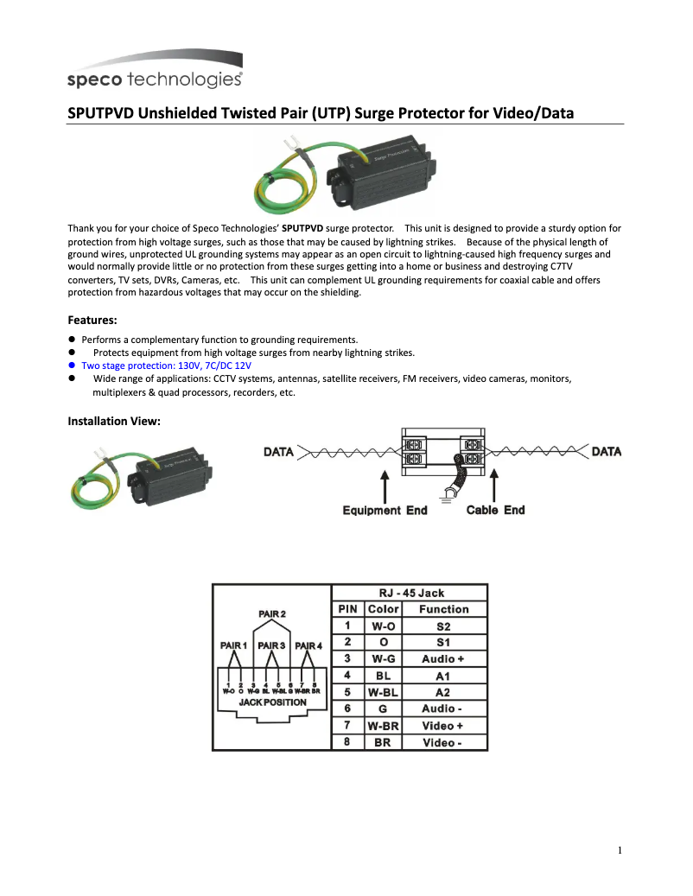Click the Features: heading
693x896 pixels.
click(92, 320)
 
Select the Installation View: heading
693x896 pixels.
click(114, 421)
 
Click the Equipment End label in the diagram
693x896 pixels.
click(385, 510)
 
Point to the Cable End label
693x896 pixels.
click(495, 510)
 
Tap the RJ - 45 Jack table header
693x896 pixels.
click(410, 593)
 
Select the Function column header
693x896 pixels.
click(443, 609)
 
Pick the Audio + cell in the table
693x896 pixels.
click(443, 659)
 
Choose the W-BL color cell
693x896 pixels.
click(383, 692)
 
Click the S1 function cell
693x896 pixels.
click(443, 643)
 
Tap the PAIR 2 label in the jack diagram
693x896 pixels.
click(272, 614)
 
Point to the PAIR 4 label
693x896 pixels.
click(308, 645)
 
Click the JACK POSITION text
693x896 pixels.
click(272, 702)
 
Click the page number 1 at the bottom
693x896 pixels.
click(620, 850)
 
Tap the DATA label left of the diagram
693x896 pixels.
click(278, 452)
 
